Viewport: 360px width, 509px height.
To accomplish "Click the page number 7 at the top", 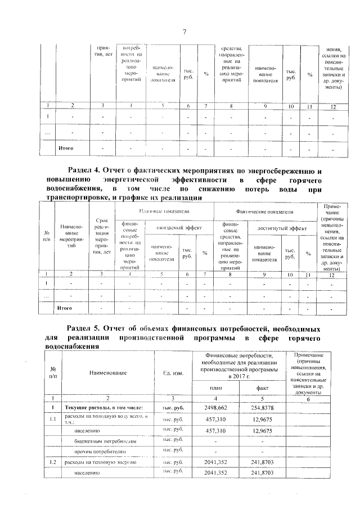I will (x=184, y=30).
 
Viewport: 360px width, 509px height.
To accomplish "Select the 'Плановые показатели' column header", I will (x=164, y=210).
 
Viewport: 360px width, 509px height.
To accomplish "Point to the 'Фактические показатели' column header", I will (x=265, y=211).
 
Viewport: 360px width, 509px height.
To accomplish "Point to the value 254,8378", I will (x=263, y=407).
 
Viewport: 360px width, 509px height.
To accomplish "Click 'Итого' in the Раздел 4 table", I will (x=66, y=308).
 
